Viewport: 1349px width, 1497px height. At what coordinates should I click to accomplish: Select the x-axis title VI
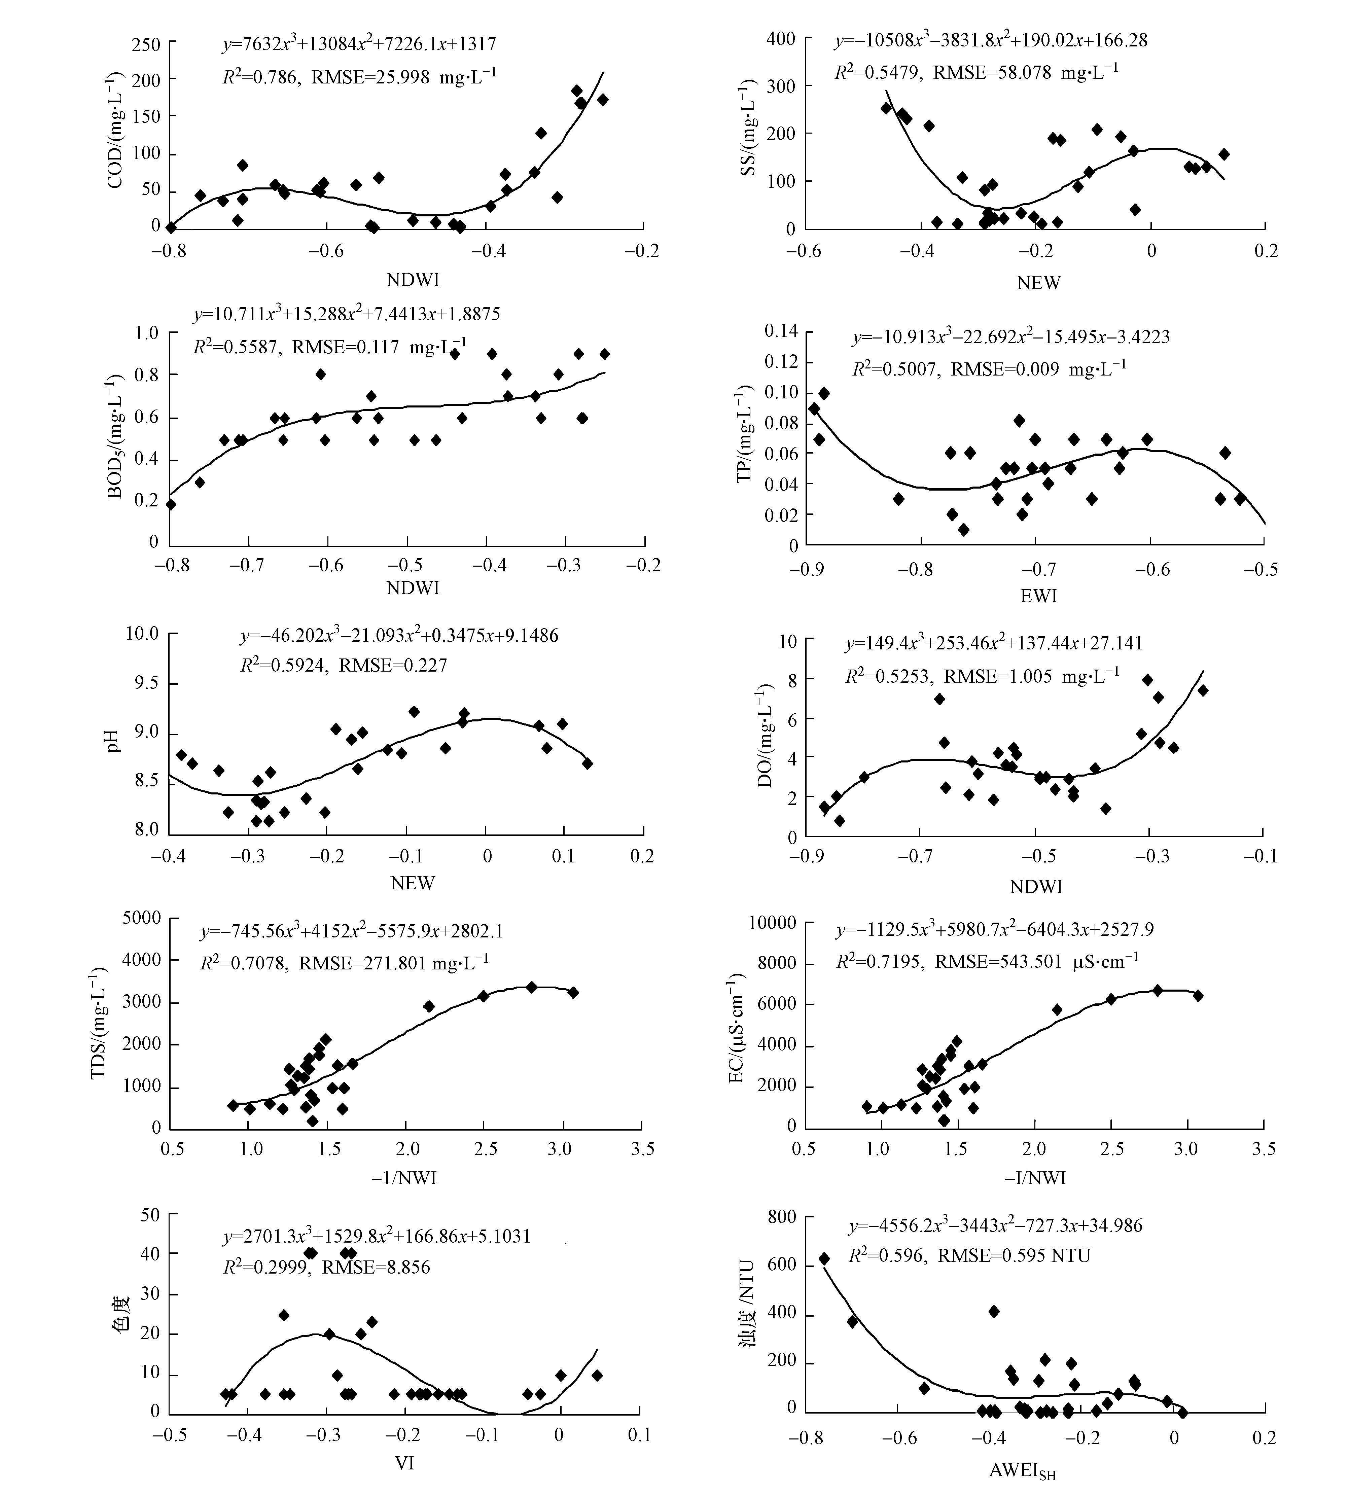[x=404, y=1462]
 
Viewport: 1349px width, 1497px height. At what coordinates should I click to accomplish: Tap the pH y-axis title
[x=113, y=740]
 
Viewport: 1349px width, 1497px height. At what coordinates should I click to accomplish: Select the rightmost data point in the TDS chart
[x=573, y=992]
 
